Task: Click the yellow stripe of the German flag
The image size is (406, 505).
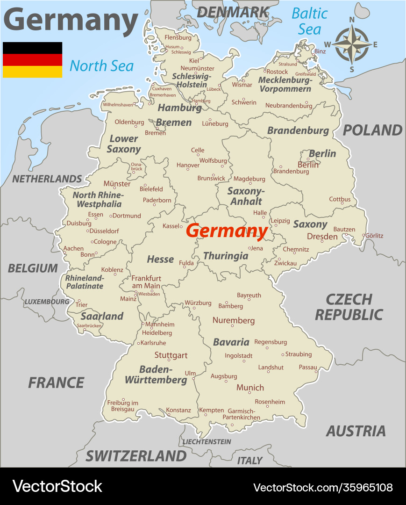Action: tap(32, 72)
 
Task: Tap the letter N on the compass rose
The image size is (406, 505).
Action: tap(352, 20)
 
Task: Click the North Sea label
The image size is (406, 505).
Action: tap(101, 66)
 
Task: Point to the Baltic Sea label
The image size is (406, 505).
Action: tap(310, 21)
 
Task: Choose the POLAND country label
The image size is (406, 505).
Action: tap(372, 130)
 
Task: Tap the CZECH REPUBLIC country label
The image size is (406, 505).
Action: tap(349, 307)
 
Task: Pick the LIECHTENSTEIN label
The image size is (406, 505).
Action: tap(207, 441)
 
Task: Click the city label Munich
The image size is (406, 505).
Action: tap(250, 388)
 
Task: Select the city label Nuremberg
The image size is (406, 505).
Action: tap(234, 320)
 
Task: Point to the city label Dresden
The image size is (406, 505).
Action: tap(322, 237)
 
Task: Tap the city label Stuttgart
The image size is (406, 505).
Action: tap(171, 355)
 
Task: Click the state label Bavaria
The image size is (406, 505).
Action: tap(231, 342)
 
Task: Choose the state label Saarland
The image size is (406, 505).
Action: tap(102, 316)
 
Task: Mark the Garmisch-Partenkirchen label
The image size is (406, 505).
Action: tap(241, 414)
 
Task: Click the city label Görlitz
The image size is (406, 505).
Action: tap(374, 236)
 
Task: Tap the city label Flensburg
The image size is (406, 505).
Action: tap(178, 37)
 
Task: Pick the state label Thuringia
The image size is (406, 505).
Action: tap(226, 256)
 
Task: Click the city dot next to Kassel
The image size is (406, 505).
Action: tap(181, 226)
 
